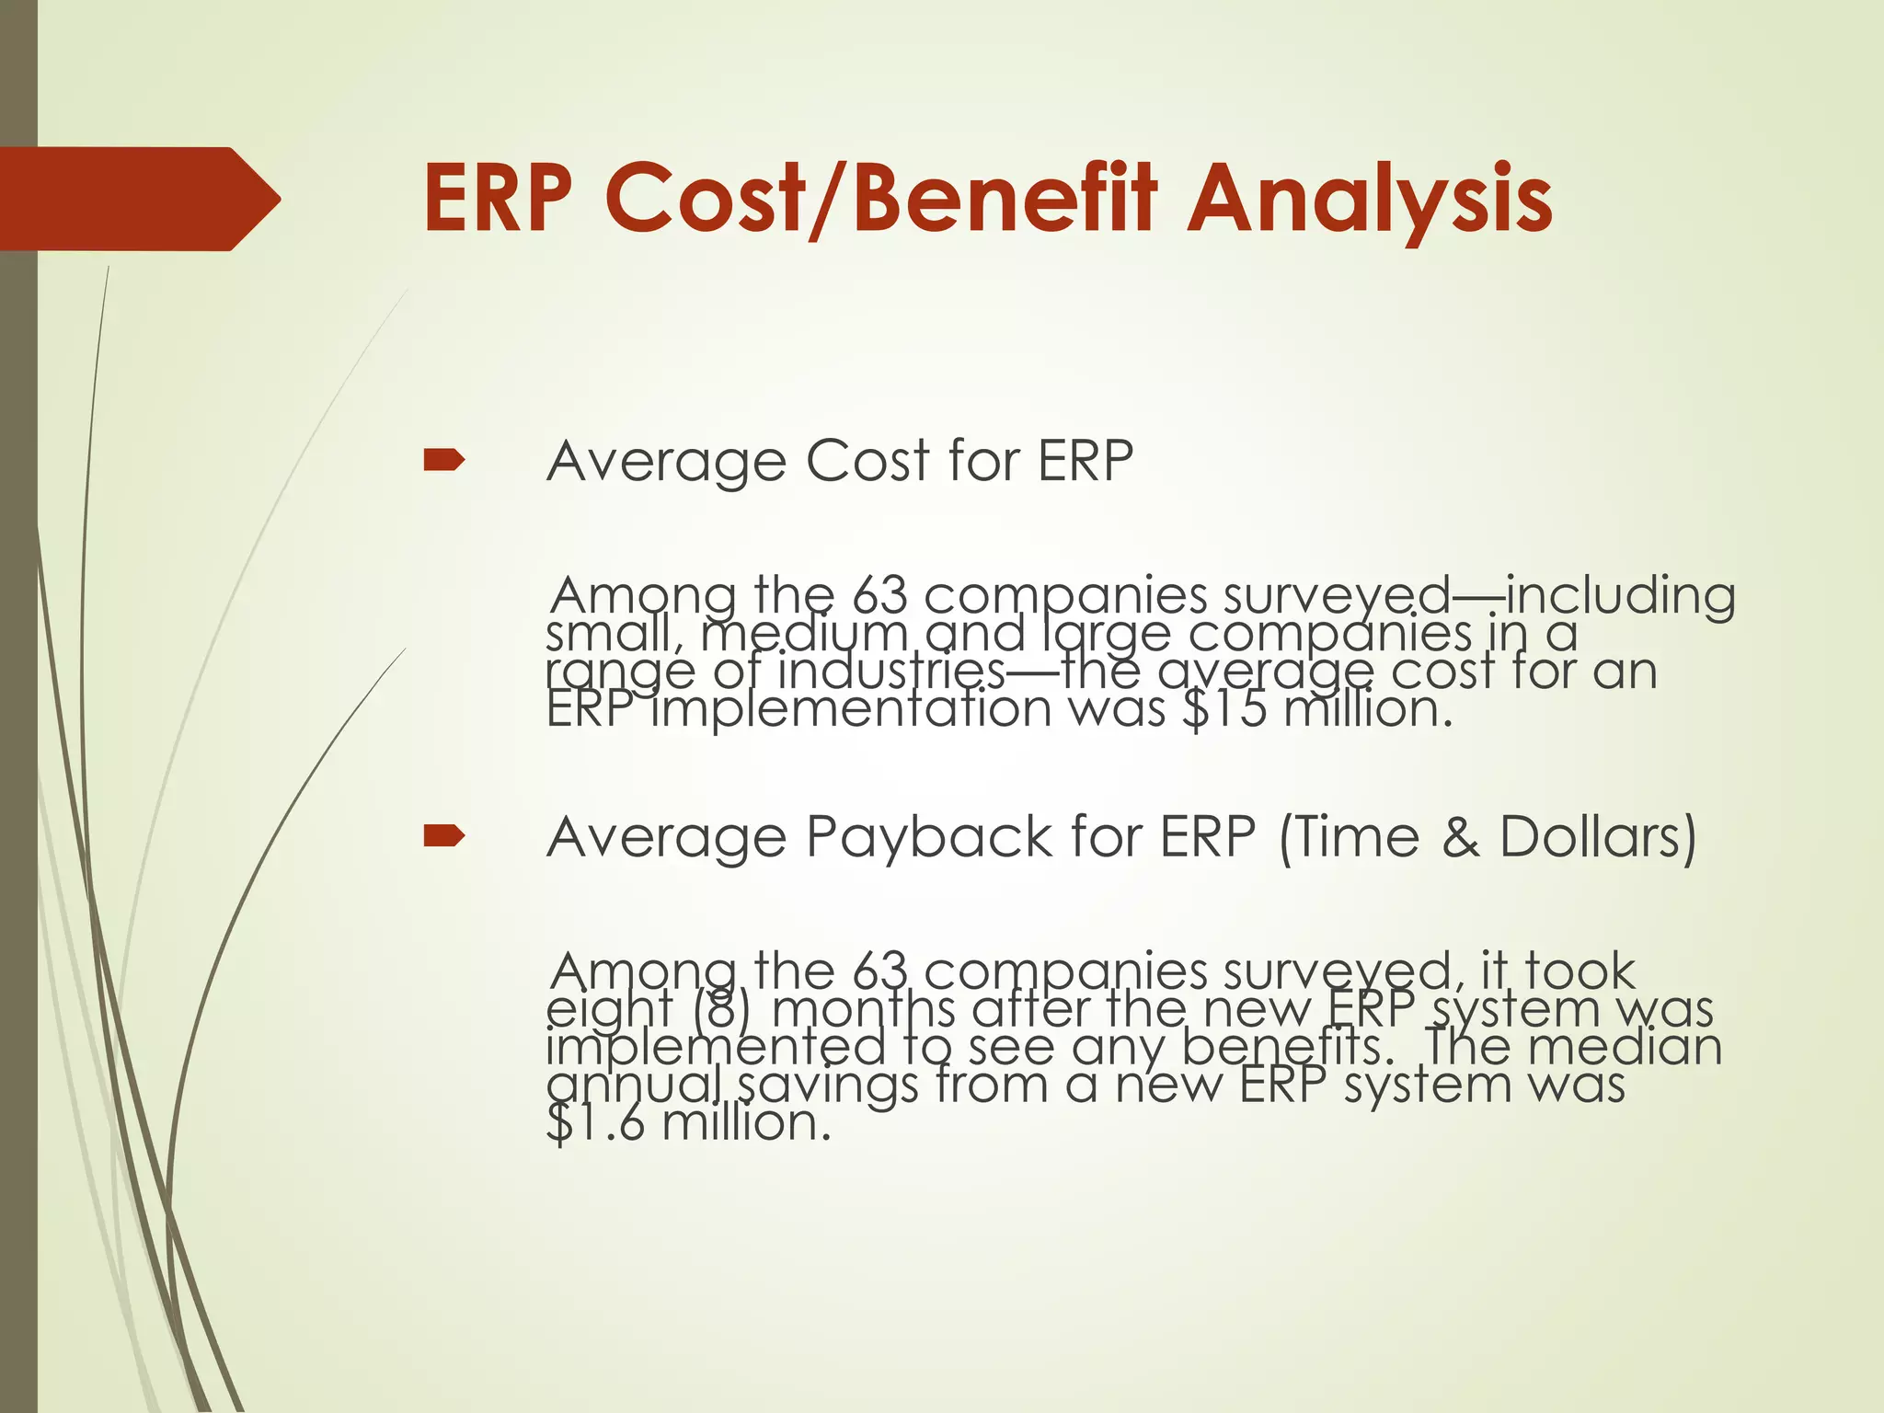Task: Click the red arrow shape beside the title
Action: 138,199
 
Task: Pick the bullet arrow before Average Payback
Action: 443,836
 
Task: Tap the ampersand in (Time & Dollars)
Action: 1459,837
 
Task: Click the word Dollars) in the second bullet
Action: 1598,837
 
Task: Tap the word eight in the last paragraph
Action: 609,1010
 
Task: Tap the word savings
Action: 828,1086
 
